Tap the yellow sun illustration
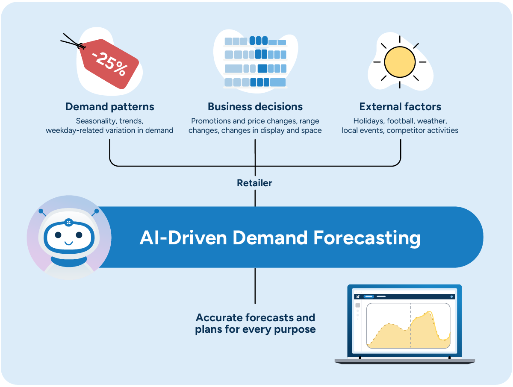point(400,62)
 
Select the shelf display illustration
point(256,62)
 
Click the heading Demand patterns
point(110,107)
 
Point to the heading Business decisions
point(255,107)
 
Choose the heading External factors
point(400,107)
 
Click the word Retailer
point(255,183)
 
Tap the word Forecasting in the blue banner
point(367,237)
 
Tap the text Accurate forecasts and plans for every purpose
point(255,323)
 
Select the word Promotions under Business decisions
point(211,121)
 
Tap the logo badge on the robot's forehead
point(68,222)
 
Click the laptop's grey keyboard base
point(404,361)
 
